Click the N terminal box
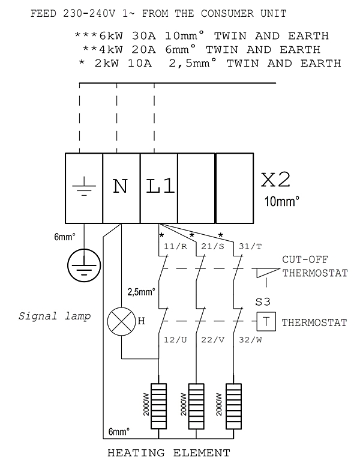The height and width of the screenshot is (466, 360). (x=121, y=188)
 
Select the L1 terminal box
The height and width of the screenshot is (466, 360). (x=159, y=188)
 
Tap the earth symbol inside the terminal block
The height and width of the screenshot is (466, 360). (x=84, y=186)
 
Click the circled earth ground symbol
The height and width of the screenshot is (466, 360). (x=84, y=265)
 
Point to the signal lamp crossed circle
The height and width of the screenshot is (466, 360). (x=121, y=321)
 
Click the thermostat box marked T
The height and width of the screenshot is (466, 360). (x=266, y=321)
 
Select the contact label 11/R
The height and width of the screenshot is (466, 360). (x=176, y=246)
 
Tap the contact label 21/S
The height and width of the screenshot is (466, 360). (x=212, y=246)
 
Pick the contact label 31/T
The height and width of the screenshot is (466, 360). (x=250, y=246)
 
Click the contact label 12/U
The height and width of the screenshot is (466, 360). (x=176, y=340)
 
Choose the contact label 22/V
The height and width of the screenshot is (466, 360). (x=212, y=340)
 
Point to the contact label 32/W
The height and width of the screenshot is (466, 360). (x=250, y=340)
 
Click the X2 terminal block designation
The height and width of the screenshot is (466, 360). (x=275, y=180)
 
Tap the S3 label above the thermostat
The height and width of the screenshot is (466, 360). (x=263, y=302)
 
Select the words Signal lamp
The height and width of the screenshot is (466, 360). (x=55, y=316)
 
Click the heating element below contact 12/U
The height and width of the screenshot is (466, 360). (x=158, y=407)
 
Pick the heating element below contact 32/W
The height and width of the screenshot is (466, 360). (x=233, y=407)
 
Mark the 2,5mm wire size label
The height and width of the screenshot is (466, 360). (x=142, y=292)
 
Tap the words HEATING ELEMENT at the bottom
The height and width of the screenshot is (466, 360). (x=169, y=453)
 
